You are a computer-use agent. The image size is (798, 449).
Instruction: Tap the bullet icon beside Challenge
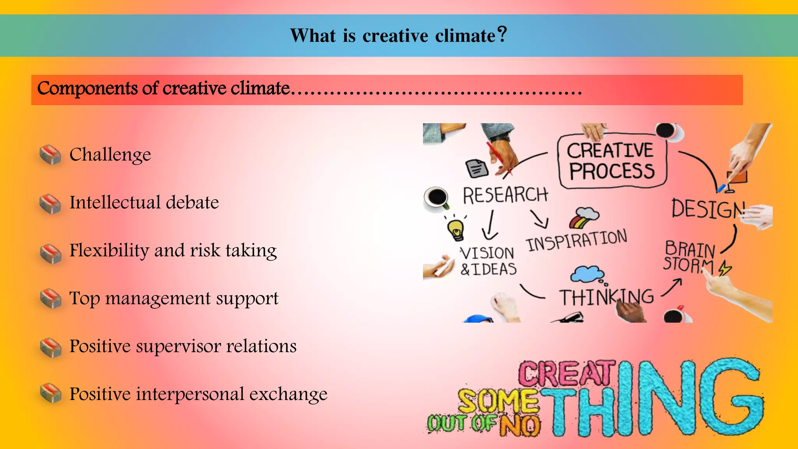[x=50, y=155]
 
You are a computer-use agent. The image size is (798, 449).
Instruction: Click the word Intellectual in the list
[x=115, y=202]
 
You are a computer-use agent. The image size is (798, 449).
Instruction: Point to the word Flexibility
[x=109, y=251]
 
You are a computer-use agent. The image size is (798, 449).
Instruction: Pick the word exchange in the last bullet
[x=288, y=394]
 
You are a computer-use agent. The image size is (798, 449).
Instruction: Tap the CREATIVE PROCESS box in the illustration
[x=611, y=161]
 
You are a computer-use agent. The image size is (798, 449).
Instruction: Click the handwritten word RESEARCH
[x=505, y=195]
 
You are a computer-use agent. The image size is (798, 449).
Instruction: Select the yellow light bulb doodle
[x=456, y=229]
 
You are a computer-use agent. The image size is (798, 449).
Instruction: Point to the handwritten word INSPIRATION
[x=577, y=240]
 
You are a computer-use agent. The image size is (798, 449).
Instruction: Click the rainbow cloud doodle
[x=584, y=217]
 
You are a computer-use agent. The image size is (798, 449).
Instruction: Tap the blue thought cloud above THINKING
[x=587, y=274]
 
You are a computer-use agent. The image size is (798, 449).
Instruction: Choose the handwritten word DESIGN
[x=708, y=209]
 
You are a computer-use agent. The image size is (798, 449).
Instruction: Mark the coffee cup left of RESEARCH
[x=437, y=197]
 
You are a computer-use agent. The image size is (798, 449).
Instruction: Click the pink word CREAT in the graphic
[x=567, y=373]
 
